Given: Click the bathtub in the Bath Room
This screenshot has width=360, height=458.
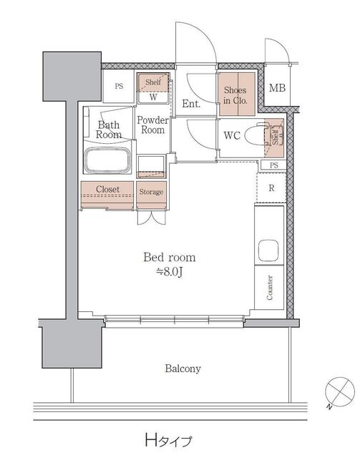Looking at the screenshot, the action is coord(107,160).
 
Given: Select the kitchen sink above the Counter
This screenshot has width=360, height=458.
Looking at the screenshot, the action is coord(268,250).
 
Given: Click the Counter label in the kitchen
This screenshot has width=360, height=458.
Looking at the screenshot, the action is coord(269,288).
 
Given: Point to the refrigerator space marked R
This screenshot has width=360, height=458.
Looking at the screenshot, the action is coord(271,187).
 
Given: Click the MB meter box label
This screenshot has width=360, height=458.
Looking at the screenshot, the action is coord(277,87).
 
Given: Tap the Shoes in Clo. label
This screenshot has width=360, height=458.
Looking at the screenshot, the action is coord(235,95).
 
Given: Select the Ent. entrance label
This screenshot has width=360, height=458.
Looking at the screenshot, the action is coord(191,103).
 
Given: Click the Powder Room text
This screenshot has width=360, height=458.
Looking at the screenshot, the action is coord(153,125).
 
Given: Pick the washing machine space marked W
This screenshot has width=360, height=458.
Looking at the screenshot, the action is coord(153,97).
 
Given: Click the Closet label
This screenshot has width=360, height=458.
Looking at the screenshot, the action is coord(107,189).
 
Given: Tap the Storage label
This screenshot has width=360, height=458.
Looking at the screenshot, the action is coord(151,192).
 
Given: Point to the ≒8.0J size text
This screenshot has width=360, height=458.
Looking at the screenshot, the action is coord(169,272).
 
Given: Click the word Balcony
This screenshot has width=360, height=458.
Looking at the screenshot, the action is coord(183,369).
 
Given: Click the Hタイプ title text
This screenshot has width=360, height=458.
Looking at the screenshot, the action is coord(169,439).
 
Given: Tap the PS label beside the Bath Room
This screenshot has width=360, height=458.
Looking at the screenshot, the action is coord(119,86).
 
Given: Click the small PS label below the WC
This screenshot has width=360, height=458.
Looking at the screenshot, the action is coord(274,165).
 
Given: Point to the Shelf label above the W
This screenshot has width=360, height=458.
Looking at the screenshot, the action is coord(153,82).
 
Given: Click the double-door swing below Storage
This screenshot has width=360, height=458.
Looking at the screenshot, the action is coord(151,218).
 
